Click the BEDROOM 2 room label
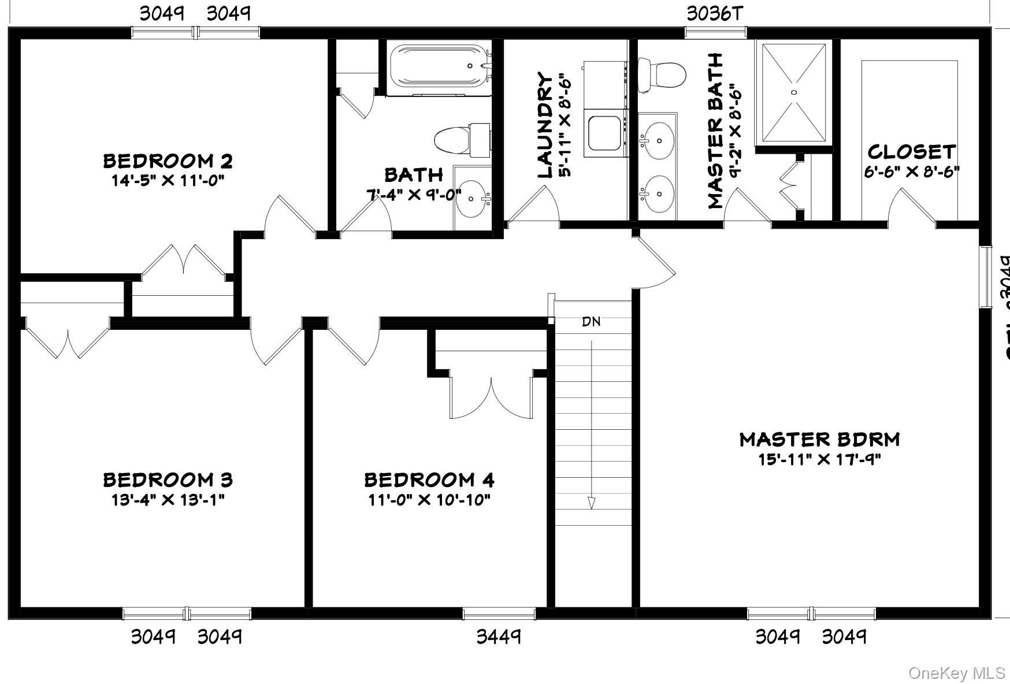click(168, 161)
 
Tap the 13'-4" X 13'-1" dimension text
click(168, 499)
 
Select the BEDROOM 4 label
click(429, 479)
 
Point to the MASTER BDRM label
click(819, 440)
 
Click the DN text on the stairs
click(591, 322)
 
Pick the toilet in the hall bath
click(462, 139)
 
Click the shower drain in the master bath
click(794, 92)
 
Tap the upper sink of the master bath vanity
click(658, 139)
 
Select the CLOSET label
click(911, 152)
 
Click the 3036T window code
click(714, 13)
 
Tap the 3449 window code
click(498, 637)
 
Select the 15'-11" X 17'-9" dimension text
click(819, 460)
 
